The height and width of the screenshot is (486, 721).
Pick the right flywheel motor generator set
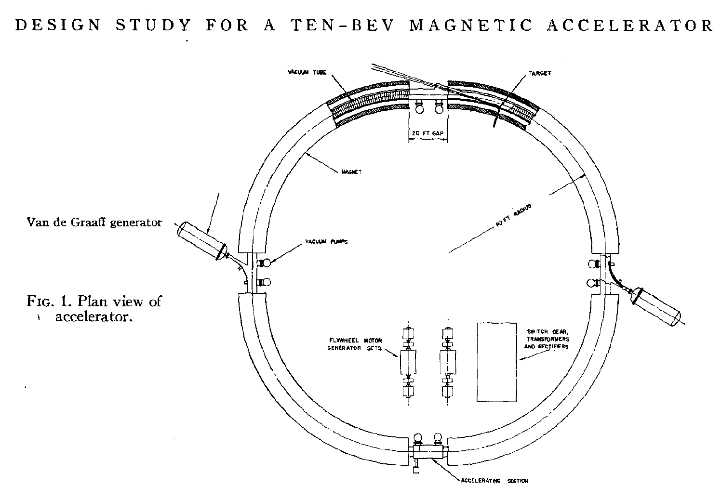click(x=448, y=362)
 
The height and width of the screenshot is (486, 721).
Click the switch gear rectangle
click(x=497, y=362)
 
